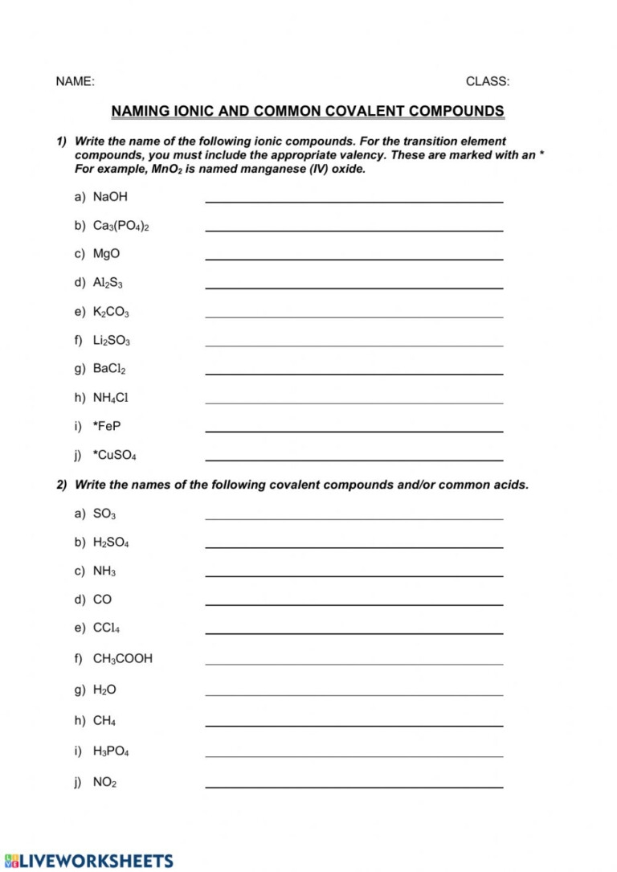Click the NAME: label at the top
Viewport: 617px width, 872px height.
pos(75,81)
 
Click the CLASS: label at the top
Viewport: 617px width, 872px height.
pos(488,81)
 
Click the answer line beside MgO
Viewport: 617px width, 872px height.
pos(354,259)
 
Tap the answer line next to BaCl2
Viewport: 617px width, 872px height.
pos(354,374)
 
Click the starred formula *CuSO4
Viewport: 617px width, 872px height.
pos(115,455)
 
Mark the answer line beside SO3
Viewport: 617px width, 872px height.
pos(354,518)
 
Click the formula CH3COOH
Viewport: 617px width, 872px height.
pos(123,658)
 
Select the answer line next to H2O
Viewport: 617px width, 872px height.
pos(354,694)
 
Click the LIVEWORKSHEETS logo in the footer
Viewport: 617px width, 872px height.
pos(88,860)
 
